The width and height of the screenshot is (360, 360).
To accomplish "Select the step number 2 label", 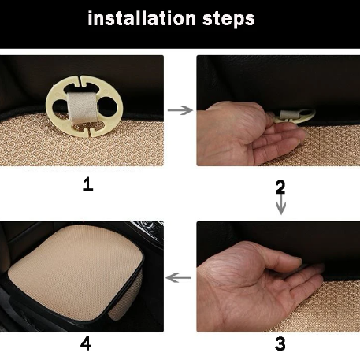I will coord(280,187).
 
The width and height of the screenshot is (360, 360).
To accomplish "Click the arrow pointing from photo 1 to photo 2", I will coord(180,110).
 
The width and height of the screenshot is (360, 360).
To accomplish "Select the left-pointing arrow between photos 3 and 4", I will coord(180,277).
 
